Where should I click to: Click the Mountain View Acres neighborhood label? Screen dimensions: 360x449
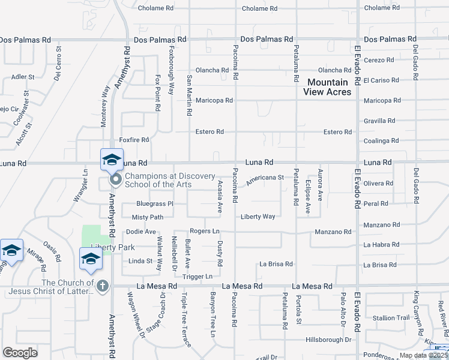pos(327,87)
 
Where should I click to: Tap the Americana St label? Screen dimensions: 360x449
pos(264,178)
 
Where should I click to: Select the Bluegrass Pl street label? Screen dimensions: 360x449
pos(155,204)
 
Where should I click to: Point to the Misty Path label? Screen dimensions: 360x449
pos(148,217)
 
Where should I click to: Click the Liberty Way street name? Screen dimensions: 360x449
pos(258,217)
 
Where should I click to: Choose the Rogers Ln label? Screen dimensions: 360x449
pos(205,231)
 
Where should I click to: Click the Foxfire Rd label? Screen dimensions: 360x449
pos(134,140)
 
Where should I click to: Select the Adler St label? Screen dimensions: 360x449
pos(23,77)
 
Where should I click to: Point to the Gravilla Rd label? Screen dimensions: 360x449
pos(382,121)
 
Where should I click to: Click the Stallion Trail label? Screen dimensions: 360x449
pos(391,318)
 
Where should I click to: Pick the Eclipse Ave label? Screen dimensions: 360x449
pos(308,197)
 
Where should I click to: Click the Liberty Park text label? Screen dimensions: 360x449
pos(113,247)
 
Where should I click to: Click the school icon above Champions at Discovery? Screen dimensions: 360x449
pos(112,160)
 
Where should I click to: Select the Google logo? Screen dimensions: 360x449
pos(20,352)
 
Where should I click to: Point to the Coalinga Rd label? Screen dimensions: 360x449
pos(382,141)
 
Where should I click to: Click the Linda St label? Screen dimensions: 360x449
pos(140,261)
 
